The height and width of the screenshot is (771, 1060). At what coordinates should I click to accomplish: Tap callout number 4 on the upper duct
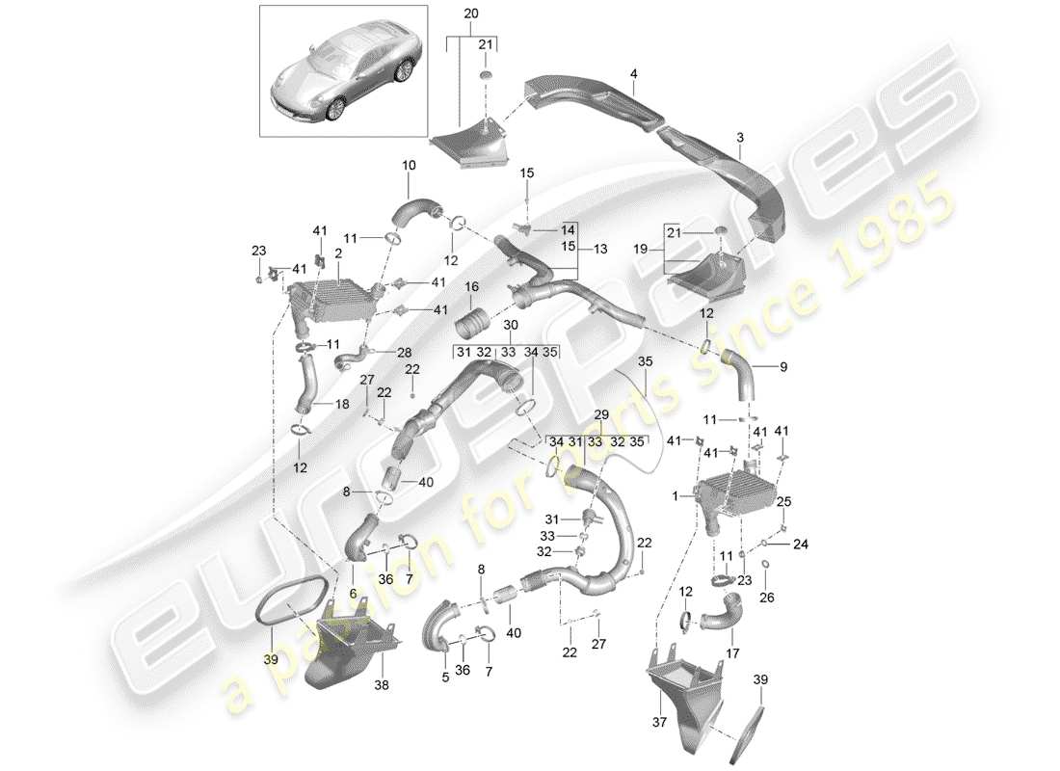tap(633, 72)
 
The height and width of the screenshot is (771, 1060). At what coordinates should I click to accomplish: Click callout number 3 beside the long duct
tap(740, 139)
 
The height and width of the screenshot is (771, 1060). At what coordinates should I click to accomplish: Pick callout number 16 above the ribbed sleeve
tap(472, 287)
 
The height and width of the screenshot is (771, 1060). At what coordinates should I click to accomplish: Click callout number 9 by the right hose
tap(782, 366)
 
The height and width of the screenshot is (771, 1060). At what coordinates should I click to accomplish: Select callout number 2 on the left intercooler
tap(339, 253)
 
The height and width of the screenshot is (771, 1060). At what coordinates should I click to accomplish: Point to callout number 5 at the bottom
tap(446, 676)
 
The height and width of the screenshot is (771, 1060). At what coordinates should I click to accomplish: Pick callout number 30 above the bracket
tap(510, 325)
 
